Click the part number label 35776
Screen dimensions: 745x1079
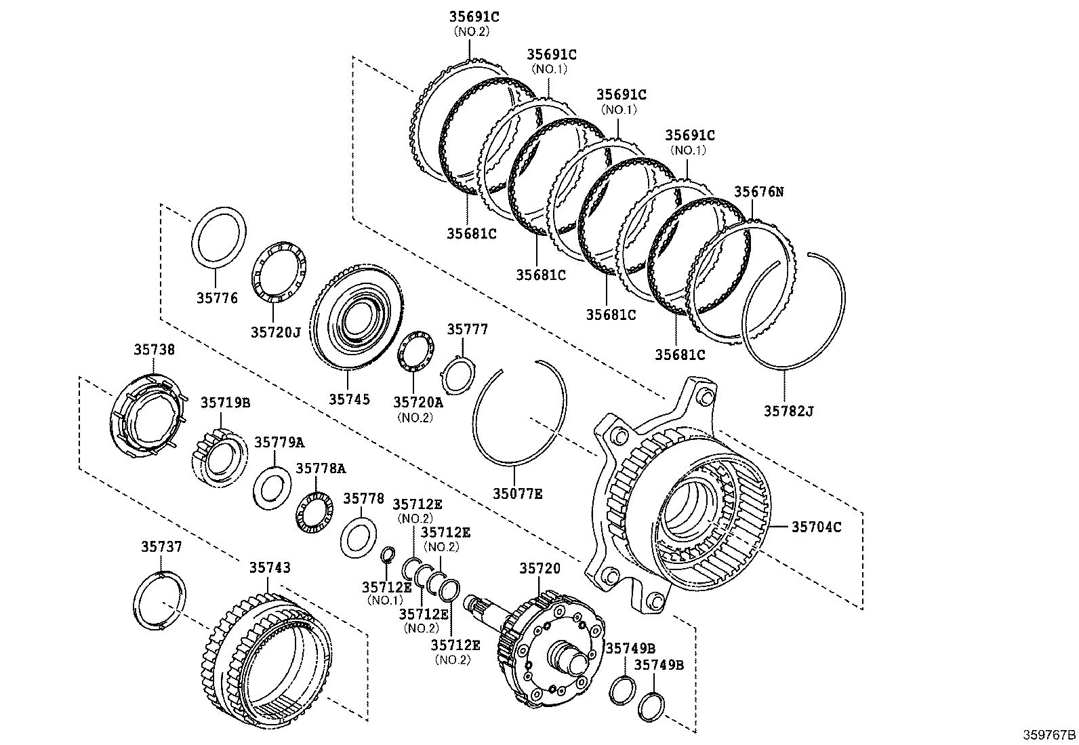pos(218,298)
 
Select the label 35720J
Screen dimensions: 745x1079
pos(275,331)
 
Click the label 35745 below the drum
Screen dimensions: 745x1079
pos(350,399)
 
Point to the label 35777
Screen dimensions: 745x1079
pos(467,329)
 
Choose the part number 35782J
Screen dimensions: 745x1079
pos(788,411)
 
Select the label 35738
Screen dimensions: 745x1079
pos(154,350)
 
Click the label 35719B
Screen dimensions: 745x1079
pos(225,403)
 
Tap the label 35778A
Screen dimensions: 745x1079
pos(321,469)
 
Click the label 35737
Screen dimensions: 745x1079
pos(161,546)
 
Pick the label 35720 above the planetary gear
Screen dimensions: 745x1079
pos(540,568)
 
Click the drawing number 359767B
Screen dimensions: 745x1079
pos(1049,734)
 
